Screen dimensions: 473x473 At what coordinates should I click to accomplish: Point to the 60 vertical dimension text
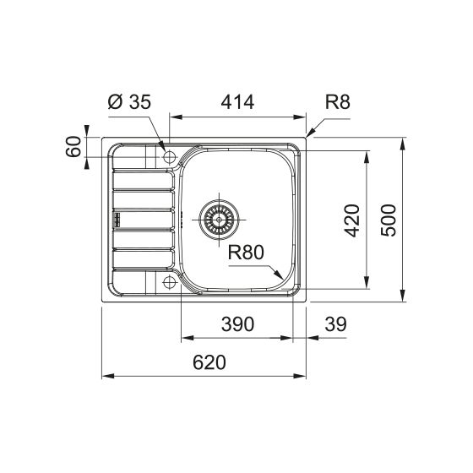click(x=73, y=147)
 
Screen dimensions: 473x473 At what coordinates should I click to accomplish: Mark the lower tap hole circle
click(x=169, y=280)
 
